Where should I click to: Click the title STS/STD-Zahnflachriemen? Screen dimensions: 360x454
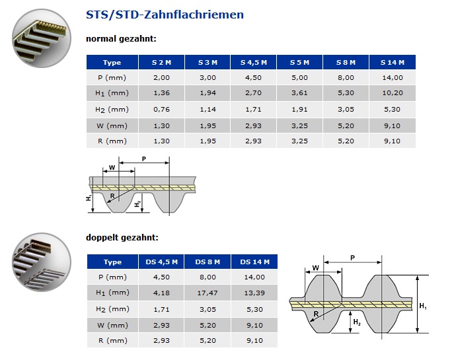(165, 14)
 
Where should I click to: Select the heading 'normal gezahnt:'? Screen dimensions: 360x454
(121, 38)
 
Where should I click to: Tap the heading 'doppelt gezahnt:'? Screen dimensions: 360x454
(122, 238)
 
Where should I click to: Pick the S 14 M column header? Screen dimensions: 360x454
(392, 62)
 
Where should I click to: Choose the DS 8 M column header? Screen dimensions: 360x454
(207, 262)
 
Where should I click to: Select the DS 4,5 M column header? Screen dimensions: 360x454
(161, 262)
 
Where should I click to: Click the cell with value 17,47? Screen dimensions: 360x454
(207, 293)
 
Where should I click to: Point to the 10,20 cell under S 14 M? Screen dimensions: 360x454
(392, 93)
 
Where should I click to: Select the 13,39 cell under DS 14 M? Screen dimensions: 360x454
(254, 293)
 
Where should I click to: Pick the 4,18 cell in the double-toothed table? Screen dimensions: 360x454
(161, 293)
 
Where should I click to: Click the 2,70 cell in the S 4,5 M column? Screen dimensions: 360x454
(253, 93)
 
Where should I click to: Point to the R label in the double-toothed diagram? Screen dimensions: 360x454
(317, 315)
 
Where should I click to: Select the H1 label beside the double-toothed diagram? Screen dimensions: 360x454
(423, 305)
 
